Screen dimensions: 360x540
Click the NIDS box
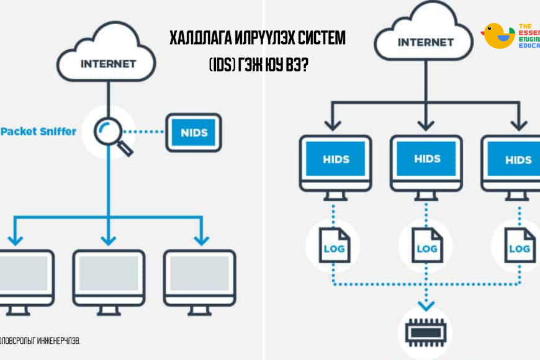click(x=194, y=132)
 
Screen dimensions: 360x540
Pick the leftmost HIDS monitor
click(x=335, y=163)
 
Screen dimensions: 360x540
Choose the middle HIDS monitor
click(x=426, y=163)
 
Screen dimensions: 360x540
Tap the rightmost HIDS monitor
click(x=513, y=163)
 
